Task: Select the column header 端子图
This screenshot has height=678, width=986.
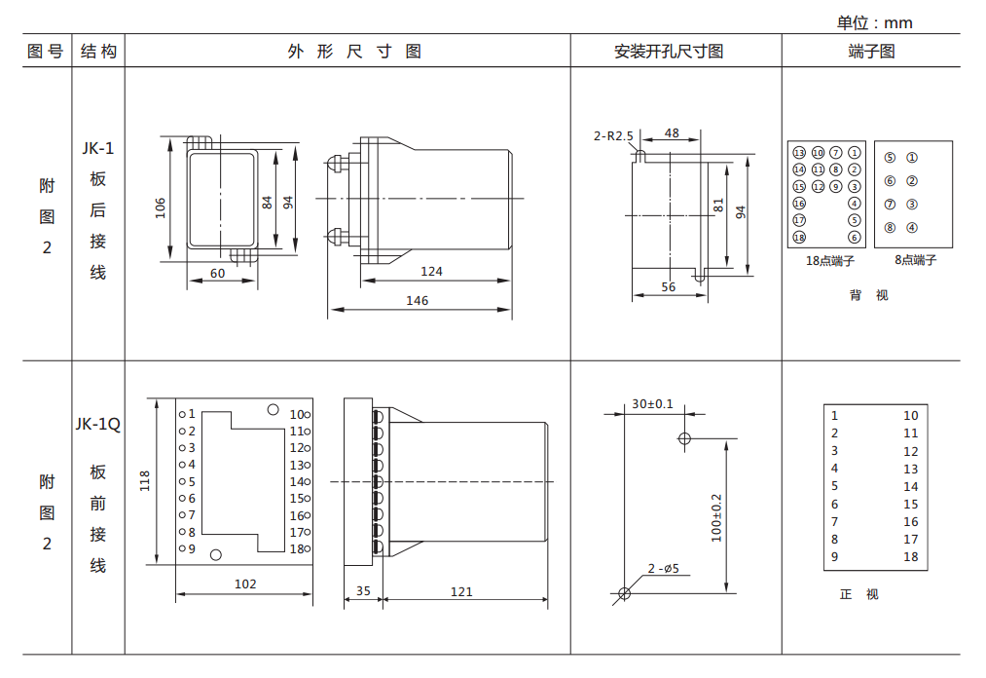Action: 870,52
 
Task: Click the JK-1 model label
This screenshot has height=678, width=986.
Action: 97,148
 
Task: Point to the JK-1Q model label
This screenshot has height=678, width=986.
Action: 97,424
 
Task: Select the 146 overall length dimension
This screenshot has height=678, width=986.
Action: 417,301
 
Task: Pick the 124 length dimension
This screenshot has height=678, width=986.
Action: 431,271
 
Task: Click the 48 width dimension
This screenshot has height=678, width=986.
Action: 672,132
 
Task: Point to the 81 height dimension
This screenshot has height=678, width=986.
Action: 718,207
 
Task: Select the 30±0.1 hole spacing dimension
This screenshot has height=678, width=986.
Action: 652,403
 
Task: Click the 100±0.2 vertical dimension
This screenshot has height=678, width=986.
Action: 716,516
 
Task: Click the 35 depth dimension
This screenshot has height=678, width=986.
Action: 363,591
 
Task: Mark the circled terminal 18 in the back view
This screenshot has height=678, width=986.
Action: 799,238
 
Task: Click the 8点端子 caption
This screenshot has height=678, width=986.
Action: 915,260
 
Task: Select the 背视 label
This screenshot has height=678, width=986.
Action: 868,295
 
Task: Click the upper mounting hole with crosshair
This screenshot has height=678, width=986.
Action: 684,438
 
